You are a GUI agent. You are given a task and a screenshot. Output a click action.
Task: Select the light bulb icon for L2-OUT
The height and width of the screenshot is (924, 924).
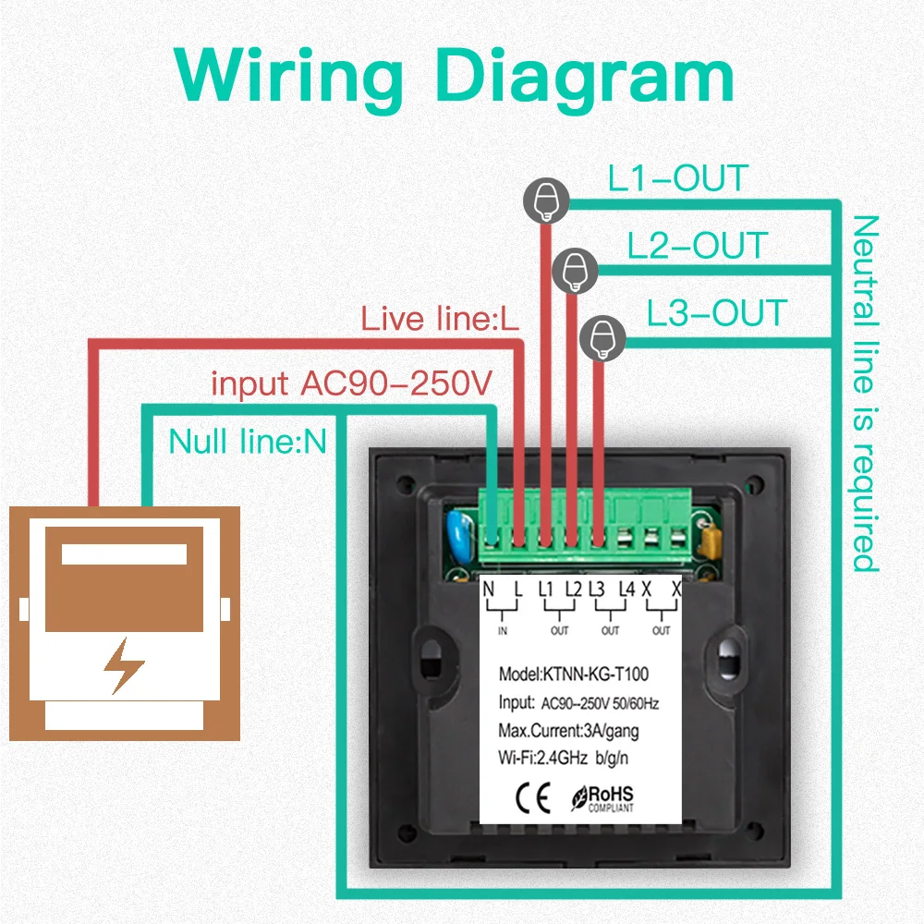[576, 270]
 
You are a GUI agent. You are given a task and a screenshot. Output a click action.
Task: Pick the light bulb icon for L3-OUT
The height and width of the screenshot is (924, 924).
[602, 338]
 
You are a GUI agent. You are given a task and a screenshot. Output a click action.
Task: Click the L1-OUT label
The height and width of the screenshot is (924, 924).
[678, 178]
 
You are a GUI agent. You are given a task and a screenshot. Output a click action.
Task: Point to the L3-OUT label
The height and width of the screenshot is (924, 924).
[717, 313]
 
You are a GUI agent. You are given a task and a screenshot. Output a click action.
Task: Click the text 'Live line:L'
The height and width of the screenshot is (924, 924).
[440, 320]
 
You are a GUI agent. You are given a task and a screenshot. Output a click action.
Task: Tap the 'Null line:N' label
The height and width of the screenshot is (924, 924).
[248, 441]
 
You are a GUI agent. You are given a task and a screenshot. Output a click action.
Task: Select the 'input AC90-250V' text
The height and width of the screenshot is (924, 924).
[353, 383]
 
